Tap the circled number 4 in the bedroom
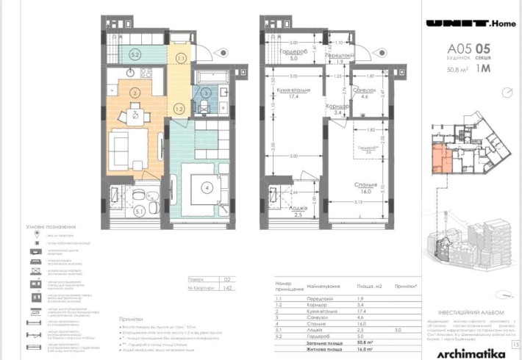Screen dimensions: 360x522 208,187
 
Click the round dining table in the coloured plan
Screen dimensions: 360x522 134,113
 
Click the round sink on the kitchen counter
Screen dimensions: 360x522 130,72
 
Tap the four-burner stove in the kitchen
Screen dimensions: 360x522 145,73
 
